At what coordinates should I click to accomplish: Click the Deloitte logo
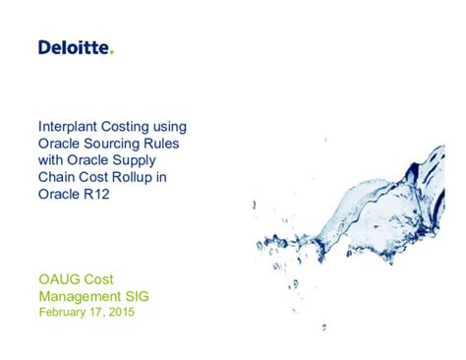[x=75, y=47]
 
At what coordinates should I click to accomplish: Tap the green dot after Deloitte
[x=112, y=52]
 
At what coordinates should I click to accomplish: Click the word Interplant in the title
[x=67, y=127]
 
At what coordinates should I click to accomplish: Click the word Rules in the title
[x=167, y=143]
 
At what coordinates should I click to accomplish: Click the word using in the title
[x=168, y=127]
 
